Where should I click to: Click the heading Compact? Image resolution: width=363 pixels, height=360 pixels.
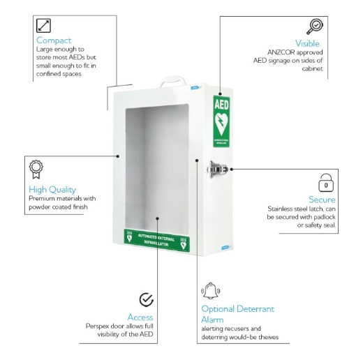coord(54,40)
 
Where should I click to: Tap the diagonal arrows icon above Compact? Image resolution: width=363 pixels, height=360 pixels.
coord(43,25)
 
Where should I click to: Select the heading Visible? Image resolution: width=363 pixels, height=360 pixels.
coord(307,43)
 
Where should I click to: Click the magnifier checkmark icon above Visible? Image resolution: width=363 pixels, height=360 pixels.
coord(315,27)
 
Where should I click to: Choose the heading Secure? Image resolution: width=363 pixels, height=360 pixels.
coord(322,200)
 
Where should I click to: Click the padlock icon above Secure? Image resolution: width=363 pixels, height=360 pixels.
coord(326,183)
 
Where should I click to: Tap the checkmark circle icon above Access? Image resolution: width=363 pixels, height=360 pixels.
coord(147,299)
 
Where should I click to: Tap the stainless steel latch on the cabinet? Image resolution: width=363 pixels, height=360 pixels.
coord(217,168)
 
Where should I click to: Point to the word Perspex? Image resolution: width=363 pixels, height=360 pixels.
coord(99,326)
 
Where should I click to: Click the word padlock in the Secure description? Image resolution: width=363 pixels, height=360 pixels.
coord(313,217)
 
